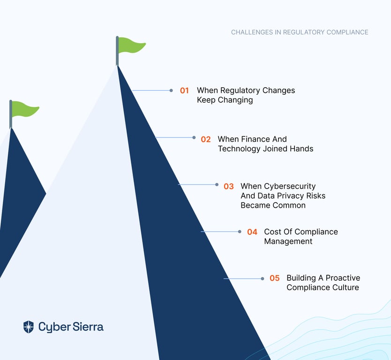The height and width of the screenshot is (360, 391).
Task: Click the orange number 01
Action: (x=184, y=90)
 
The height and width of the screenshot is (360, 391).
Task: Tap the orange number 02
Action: (x=206, y=139)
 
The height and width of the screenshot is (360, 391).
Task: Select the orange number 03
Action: (x=229, y=187)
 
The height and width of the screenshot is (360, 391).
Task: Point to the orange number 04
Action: (x=252, y=232)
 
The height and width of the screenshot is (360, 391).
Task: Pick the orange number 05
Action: (x=275, y=278)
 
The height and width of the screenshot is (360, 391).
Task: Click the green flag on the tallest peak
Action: (x=131, y=45)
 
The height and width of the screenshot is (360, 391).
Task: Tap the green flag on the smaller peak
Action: (x=25, y=109)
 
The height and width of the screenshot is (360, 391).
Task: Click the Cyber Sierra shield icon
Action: (x=29, y=327)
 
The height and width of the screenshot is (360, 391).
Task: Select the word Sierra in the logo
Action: (x=88, y=327)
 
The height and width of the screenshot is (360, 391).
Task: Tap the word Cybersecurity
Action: (x=290, y=187)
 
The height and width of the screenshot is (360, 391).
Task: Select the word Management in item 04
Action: (x=288, y=241)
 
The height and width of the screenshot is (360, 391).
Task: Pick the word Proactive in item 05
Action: (x=343, y=277)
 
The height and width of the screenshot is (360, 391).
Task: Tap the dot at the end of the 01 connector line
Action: (x=171, y=90)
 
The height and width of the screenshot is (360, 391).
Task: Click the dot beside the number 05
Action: (x=263, y=279)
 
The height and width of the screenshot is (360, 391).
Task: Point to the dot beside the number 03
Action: (x=217, y=185)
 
